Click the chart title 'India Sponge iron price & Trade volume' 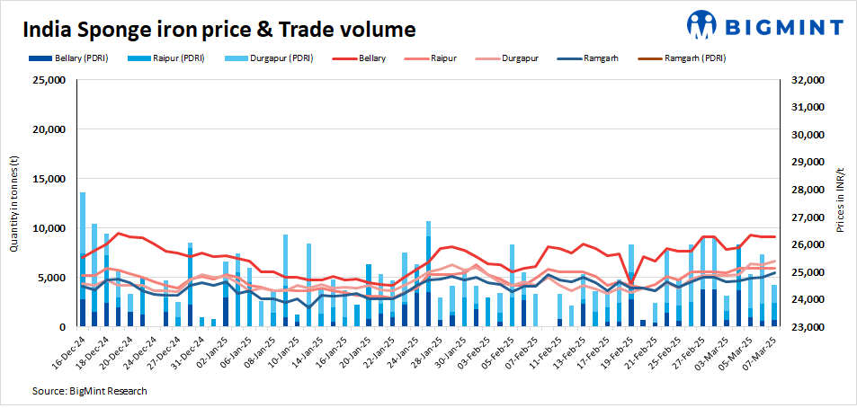(x=219, y=30)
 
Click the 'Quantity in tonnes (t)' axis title (x=14, y=203)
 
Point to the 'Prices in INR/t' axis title (x=841, y=203)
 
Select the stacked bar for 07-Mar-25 (x=773, y=306)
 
